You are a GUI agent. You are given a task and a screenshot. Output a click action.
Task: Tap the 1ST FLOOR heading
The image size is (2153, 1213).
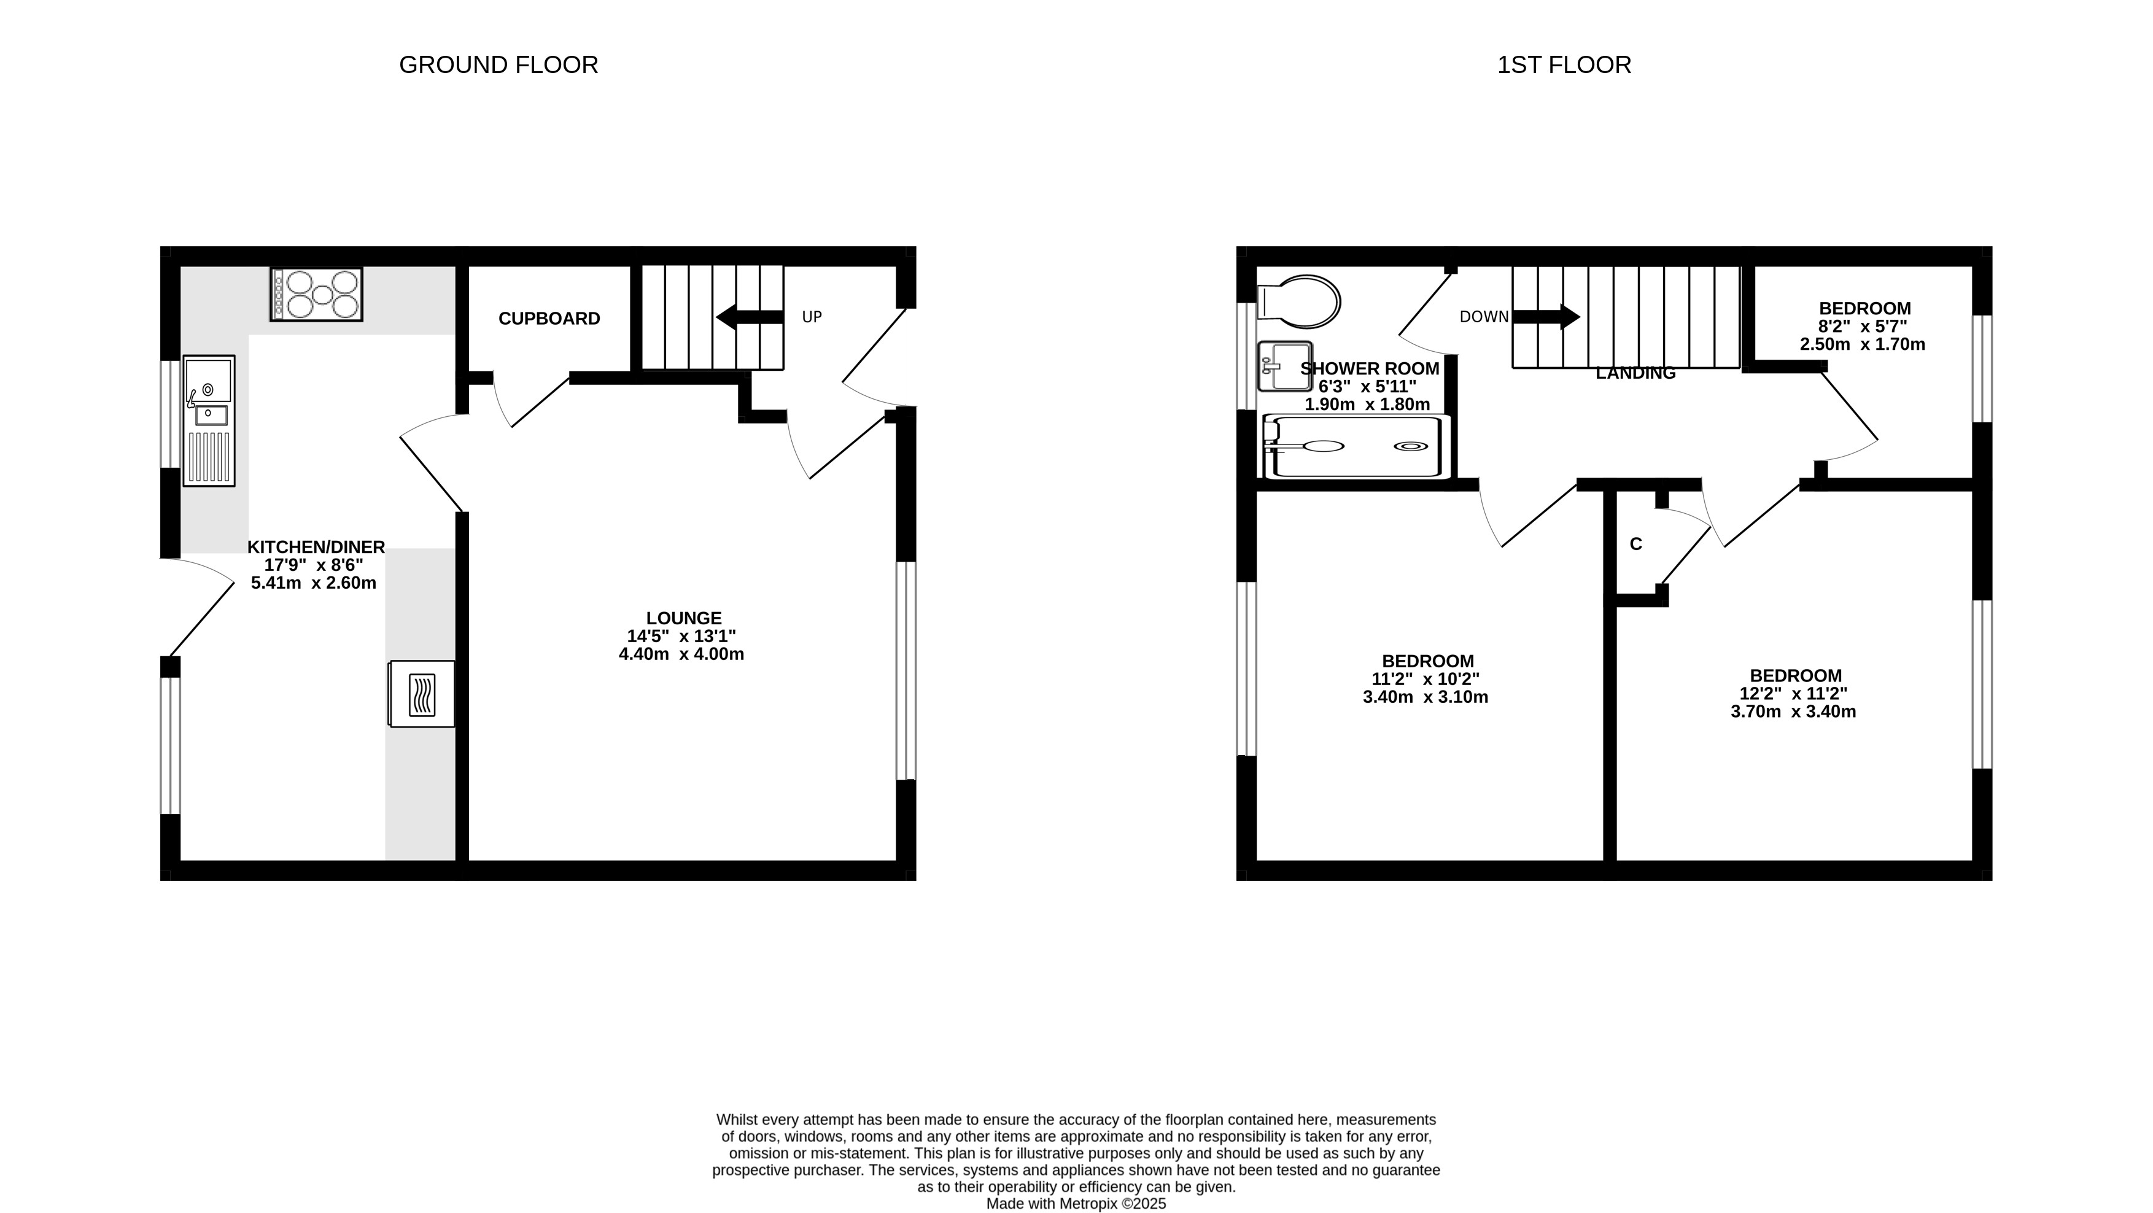1564,64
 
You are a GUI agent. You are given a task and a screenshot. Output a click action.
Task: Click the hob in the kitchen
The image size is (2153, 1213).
316,293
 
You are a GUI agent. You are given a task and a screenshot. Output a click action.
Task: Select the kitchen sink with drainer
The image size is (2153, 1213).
209,420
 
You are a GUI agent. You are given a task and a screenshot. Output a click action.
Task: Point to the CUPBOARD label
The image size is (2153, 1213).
549,319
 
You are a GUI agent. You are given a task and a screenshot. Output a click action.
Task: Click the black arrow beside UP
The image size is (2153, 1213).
750,317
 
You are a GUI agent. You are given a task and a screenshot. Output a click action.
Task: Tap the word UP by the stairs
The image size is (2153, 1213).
812,317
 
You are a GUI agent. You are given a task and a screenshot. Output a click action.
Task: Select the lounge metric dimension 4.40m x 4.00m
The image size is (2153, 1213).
681,654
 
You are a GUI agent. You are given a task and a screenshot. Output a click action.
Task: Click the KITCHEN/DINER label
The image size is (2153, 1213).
316,547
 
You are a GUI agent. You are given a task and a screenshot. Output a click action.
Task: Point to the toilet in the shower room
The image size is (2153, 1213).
1299,301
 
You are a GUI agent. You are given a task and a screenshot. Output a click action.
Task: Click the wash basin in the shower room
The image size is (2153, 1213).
1284,366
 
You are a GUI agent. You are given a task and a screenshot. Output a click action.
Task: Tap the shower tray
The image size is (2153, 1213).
1357,446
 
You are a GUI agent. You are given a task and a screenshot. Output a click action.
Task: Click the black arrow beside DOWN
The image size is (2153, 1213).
1546,317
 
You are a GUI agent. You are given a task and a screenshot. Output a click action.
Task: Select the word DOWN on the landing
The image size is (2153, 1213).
1484,317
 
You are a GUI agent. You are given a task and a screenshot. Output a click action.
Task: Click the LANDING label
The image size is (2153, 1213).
1635,374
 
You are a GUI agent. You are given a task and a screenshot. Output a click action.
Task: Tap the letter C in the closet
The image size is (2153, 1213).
1635,544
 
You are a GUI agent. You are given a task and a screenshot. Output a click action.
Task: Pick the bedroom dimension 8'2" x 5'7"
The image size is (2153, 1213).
1864,326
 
